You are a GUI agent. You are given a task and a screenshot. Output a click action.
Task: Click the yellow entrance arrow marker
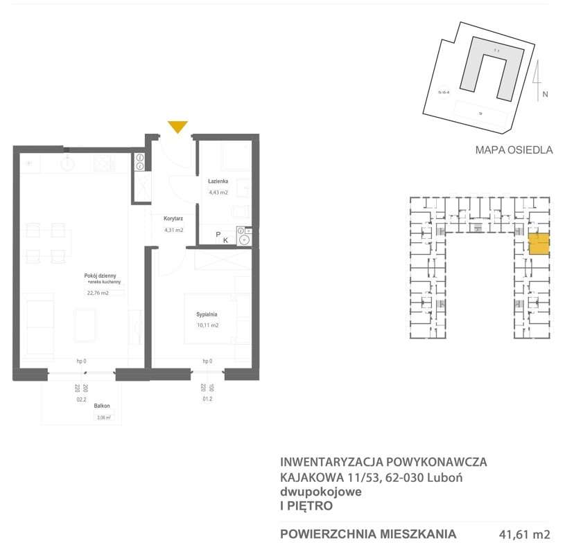click(177, 126)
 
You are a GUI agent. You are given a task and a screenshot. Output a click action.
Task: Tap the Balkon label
click(103, 406)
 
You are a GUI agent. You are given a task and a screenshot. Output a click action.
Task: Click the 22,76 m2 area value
click(98, 293)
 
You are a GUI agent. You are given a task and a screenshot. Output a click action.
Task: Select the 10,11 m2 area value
click(207, 325)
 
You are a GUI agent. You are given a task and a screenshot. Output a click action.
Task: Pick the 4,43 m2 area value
click(218, 192)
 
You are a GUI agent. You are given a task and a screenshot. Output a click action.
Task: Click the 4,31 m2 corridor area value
click(173, 230)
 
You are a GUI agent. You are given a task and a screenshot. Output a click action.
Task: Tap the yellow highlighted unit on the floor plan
click(539, 245)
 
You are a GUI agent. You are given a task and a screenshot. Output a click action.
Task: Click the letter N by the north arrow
click(546, 95)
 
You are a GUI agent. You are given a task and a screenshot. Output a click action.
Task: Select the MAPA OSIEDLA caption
click(514, 150)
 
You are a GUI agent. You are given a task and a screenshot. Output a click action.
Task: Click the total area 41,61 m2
click(524, 534)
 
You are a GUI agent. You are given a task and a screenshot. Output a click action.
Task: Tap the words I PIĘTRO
click(306, 506)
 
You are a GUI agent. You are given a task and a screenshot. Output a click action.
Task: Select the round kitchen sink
click(67, 163)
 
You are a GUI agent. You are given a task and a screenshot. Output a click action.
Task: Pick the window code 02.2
click(80, 399)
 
